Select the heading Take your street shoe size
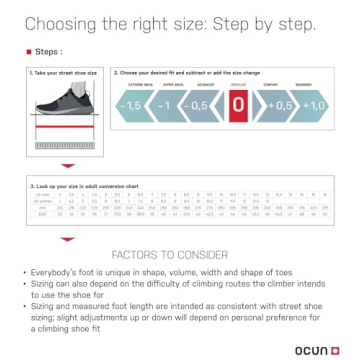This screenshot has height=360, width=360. pos(64,73)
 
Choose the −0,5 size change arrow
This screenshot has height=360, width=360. pos(199,105)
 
